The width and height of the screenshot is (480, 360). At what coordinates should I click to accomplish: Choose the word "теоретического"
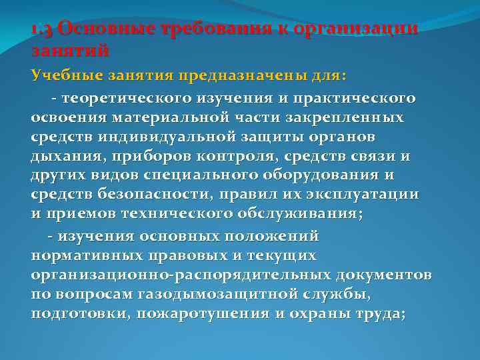click(x=127, y=99)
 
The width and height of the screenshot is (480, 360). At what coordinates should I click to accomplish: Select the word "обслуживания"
click(x=307, y=213)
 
